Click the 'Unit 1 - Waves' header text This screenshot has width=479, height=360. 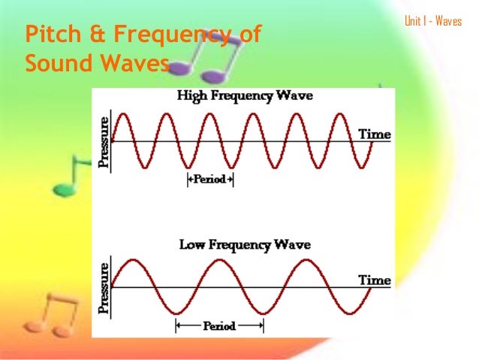click(x=433, y=21)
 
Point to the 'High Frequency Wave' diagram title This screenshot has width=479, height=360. click(x=245, y=96)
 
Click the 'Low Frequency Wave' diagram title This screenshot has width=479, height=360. click(x=245, y=245)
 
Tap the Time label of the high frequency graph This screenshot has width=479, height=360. click(x=374, y=135)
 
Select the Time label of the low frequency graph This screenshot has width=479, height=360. click(x=374, y=280)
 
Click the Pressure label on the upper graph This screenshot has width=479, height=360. click(x=104, y=141)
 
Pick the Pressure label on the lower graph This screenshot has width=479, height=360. click(x=104, y=286)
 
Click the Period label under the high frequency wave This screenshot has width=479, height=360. click(x=209, y=180)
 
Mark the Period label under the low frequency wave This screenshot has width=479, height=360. click(x=219, y=326)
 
